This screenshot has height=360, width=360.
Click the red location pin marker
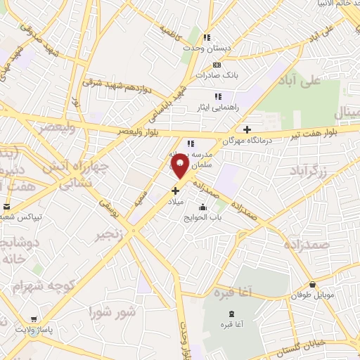[180, 166]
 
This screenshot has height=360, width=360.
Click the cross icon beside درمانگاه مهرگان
[247, 129]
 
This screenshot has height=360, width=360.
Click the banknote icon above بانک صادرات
[216, 65]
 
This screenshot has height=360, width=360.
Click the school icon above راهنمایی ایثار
[218, 96]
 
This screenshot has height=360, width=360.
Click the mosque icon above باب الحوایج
[203, 207]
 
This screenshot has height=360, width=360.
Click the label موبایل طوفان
[312, 295]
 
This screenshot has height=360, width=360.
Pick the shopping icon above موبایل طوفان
[312, 285]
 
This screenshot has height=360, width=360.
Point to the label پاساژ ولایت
[37, 329]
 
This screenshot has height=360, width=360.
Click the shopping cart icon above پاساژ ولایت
[34, 319]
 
